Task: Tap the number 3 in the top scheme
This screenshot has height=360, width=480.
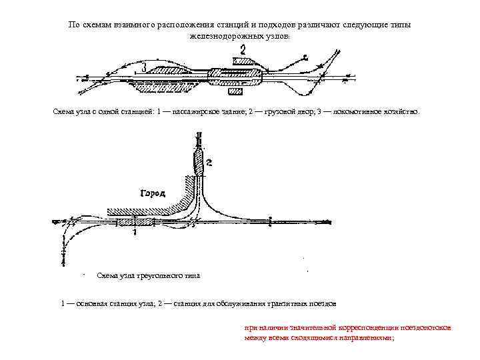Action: coord(144,68)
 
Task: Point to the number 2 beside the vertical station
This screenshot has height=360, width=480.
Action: coord(209,162)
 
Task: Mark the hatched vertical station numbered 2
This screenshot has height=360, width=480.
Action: coord(199,162)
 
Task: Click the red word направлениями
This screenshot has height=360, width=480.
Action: coord(365,338)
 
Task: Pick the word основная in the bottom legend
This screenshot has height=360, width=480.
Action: coord(91,303)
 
